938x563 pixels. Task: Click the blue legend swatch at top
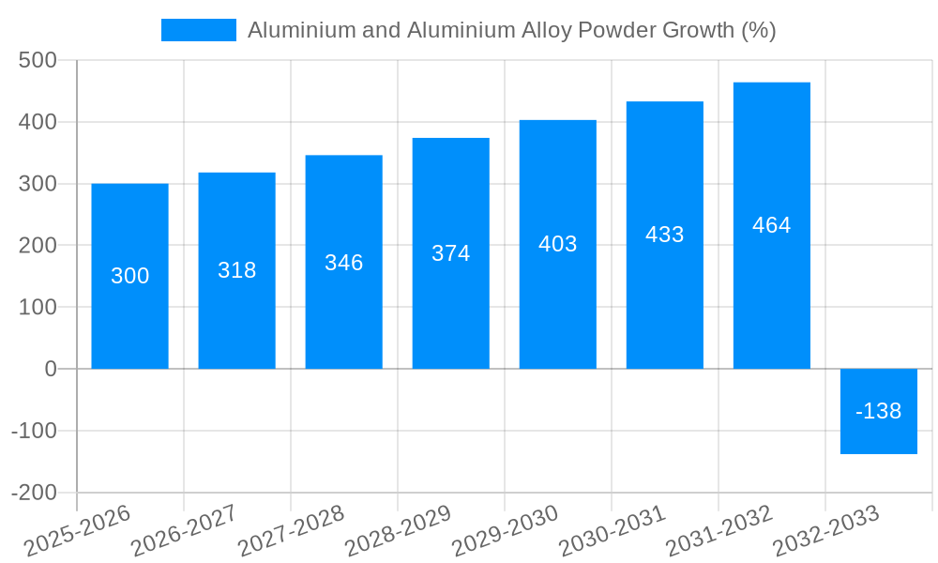click(x=199, y=30)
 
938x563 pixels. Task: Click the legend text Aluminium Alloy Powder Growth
click(x=511, y=30)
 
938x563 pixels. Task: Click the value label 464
click(x=771, y=225)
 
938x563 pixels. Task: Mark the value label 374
click(x=450, y=253)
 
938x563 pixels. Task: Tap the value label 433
click(x=664, y=235)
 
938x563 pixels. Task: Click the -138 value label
click(x=878, y=411)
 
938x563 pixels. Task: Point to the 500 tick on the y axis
click(x=38, y=61)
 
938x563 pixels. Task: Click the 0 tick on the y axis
click(x=51, y=369)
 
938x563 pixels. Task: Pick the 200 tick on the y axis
click(x=38, y=246)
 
